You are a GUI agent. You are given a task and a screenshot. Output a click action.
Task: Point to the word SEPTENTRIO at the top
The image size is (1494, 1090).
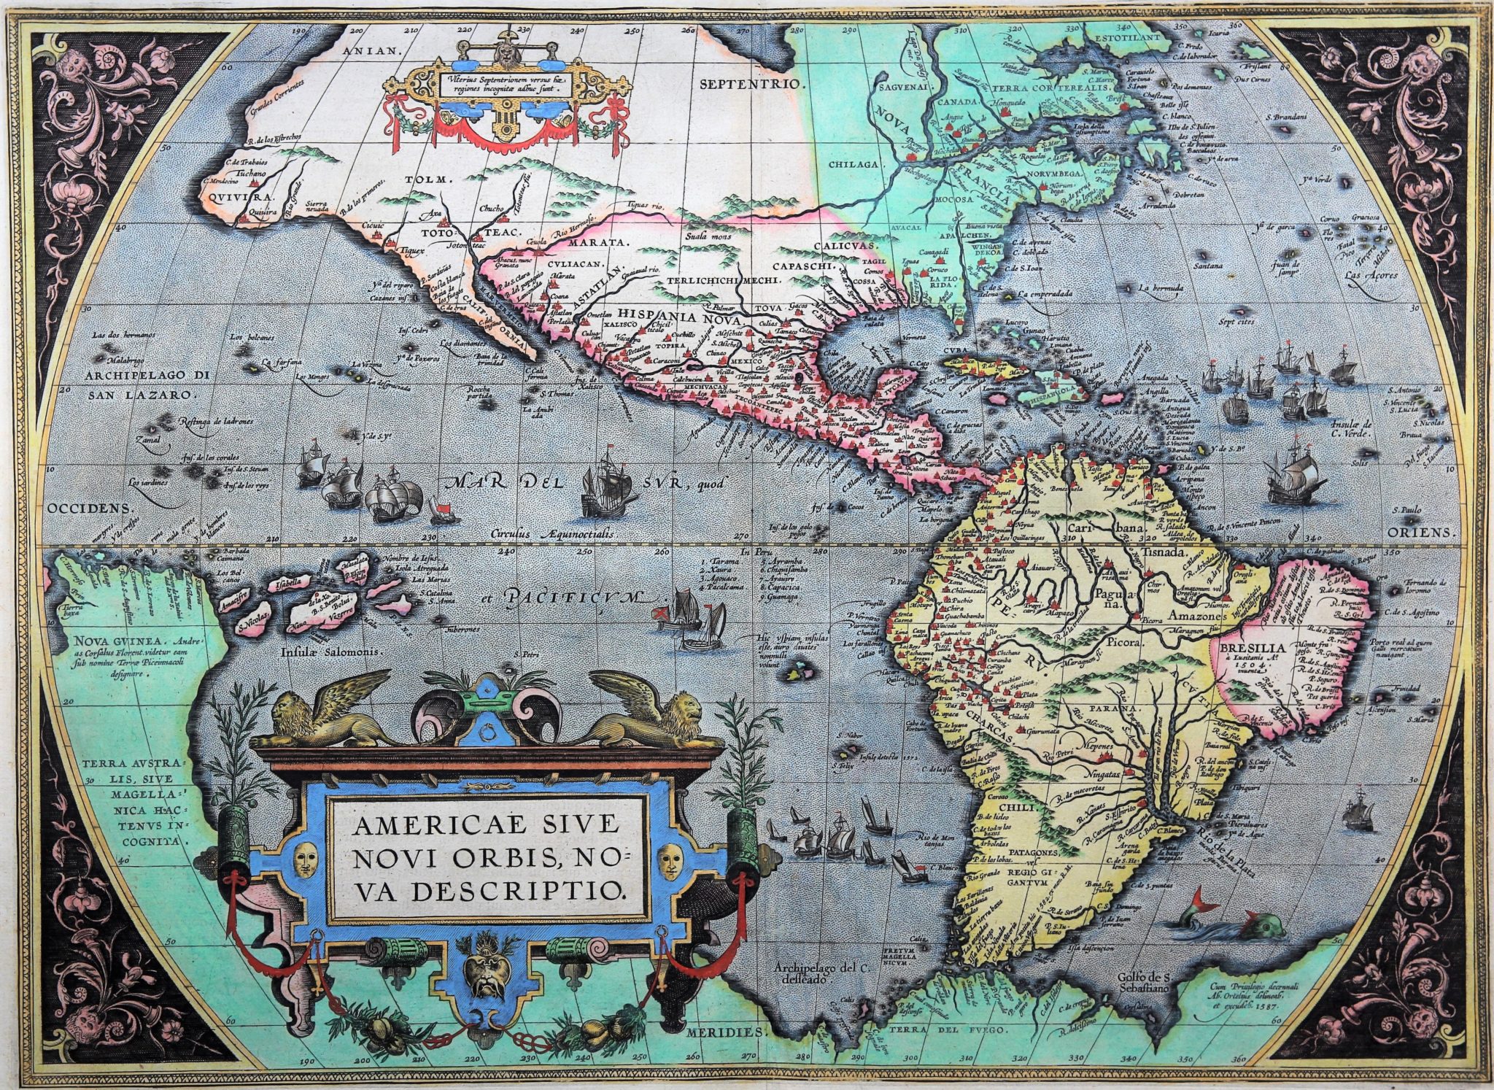click(x=751, y=83)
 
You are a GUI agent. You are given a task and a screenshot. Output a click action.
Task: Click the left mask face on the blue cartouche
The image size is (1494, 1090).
click(x=308, y=860)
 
